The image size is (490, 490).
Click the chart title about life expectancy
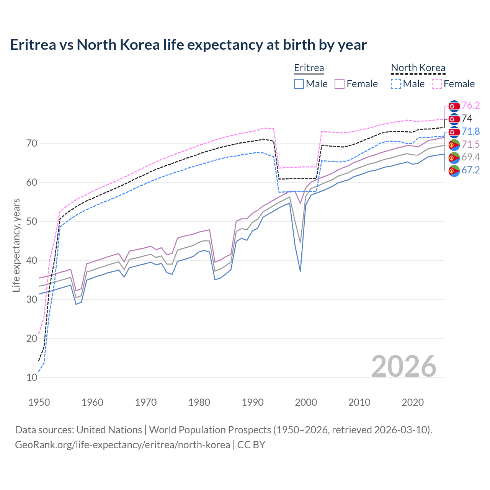[x=188, y=45]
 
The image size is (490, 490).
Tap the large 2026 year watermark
[x=403, y=366]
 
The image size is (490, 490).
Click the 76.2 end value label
[x=470, y=105]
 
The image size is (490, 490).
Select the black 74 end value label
[x=467, y=118]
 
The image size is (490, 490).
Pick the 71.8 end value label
[x=470, y=131]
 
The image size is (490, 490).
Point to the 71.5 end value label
[x=470, y=144]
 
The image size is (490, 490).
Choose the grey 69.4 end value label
[x=470, y=157]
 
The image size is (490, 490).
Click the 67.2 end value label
[x=470, y=170]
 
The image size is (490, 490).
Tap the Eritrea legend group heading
[x=309, y=68]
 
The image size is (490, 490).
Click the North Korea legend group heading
[x=418, y=68]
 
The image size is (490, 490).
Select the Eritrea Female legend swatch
[x=340, y=84]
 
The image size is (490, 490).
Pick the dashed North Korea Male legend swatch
[x=396, y=84]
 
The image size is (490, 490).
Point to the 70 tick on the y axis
[x=32, y=144]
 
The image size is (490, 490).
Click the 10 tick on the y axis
[x=32, y=377]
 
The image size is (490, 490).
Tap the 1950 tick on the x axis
[x=39, y=402]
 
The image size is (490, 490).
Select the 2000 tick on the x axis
[x=306, y=402]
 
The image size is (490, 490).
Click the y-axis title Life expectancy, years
[x=16, y=245]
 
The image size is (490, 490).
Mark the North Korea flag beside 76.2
[x=454, y=106]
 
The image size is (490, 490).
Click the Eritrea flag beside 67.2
[x=454, y=170]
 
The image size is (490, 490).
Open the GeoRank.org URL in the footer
[x=122, y=445]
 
